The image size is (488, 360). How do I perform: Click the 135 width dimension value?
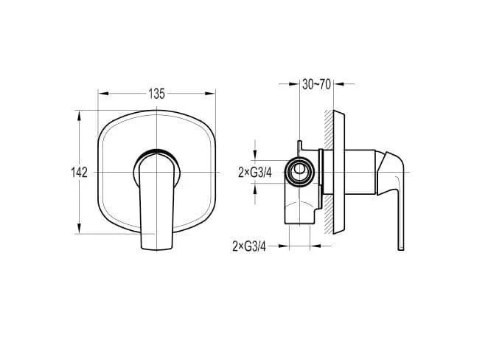pyautogui.click(x=156, y=94)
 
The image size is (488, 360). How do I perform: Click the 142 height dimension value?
pyautogui.click(x=80, y=172)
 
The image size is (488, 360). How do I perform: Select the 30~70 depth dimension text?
pyautogui.click(x=316, y=84)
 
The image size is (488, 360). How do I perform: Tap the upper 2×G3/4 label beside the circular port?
pyautogui.click(x=255, y=172)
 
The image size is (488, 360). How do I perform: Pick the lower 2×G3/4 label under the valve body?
pyautogui.click(x=249, y=246)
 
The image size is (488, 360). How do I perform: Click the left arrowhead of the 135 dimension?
pyautogui.click(x=103, y=94)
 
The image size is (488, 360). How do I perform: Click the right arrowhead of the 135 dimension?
pyautogui.click(x=210, y=94)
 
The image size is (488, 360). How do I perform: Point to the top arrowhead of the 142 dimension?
pyautogui.click(x=80, y=116)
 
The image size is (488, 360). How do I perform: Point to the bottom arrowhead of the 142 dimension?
pyautogui.click(x=80, y=228)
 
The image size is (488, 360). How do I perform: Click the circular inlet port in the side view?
pyautogui.click(x=299, y=172)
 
